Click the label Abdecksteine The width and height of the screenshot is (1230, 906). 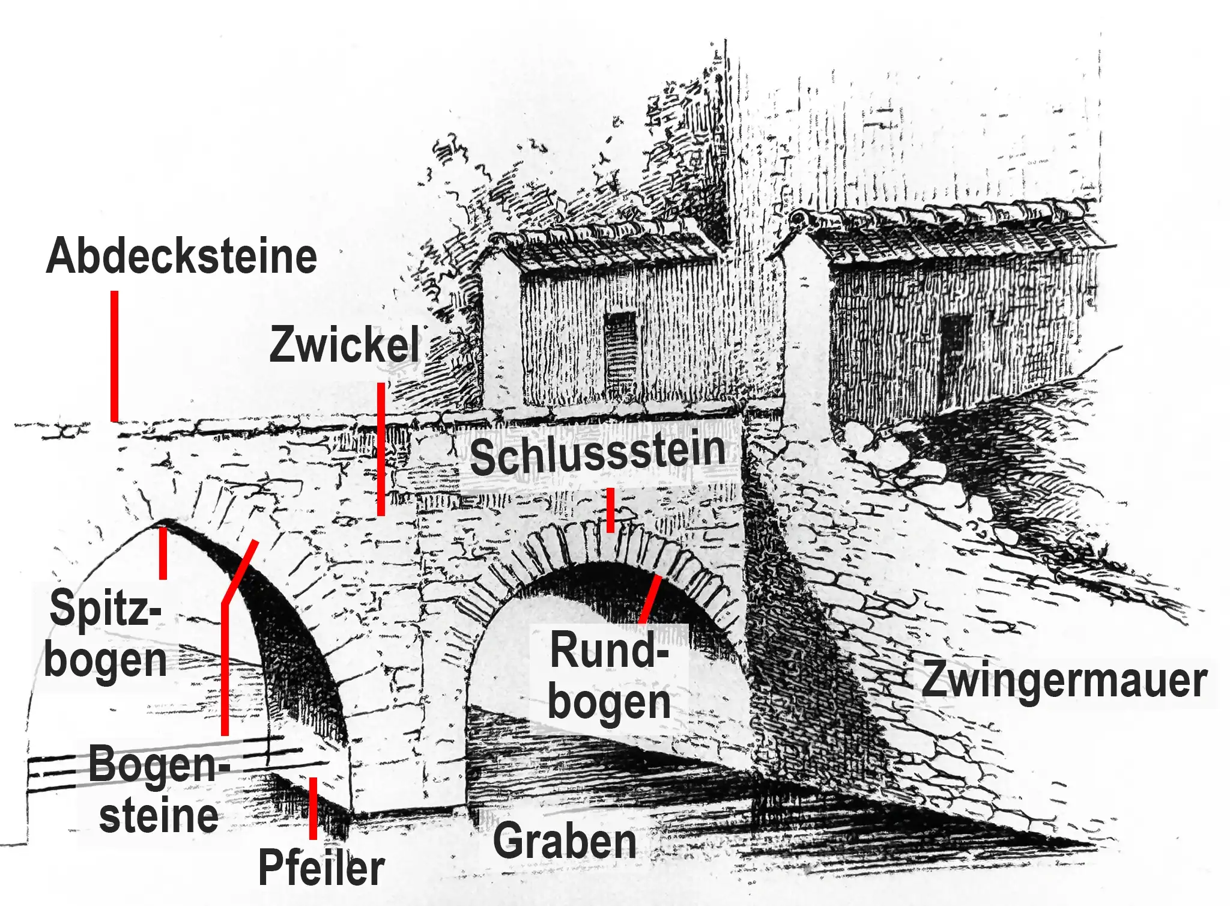point(181,257)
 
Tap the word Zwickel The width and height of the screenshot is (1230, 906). point(345,344)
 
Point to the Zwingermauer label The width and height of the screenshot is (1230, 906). point(1064,680)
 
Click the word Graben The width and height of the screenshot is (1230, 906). point(565,841)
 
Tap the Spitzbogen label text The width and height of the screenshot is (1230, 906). point(106,634)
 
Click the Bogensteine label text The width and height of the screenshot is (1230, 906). point(159,788)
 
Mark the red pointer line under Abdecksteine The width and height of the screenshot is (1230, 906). point(114,356)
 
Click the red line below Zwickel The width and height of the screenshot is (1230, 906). point(381,449)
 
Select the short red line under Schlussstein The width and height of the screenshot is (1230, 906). point(610,511)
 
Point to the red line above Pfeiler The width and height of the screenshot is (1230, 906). point(313,808)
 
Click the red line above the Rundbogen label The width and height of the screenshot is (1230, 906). point(650,599)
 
